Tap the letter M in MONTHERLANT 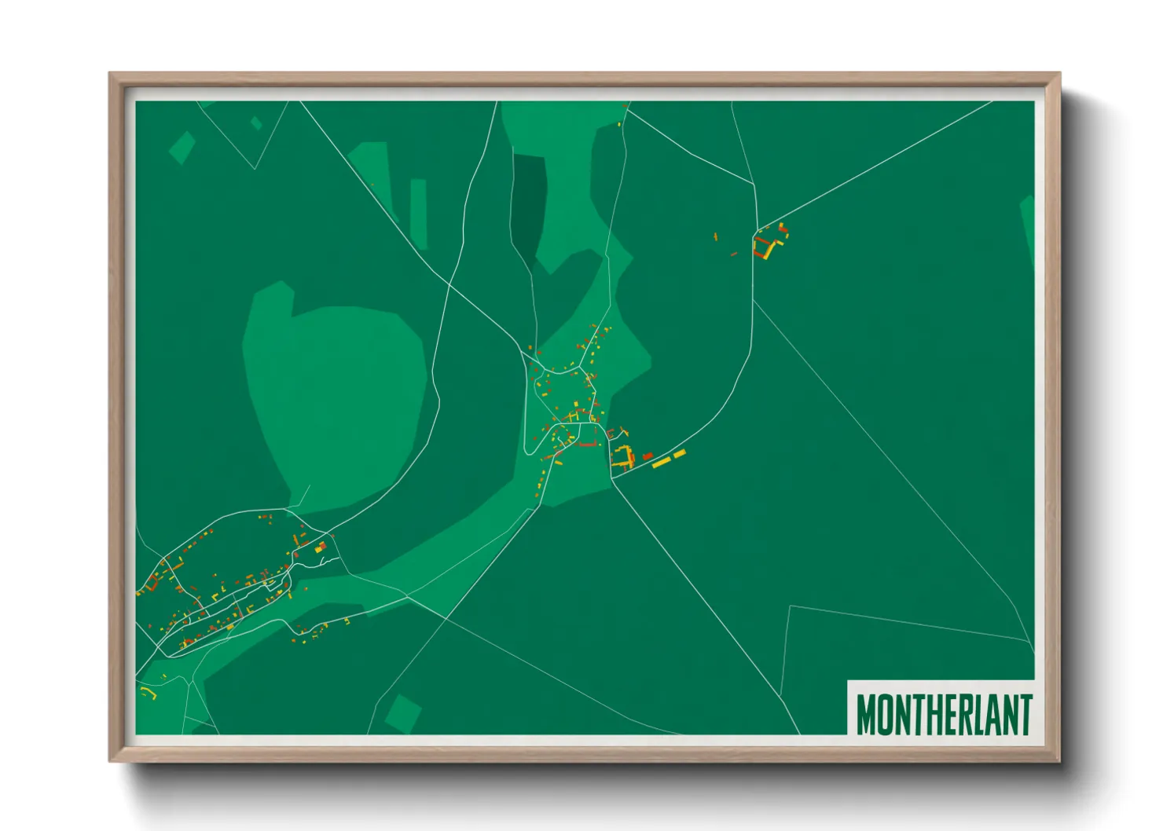tap(867, 713)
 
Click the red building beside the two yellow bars tap(648, 456)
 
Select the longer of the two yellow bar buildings tap(661, 463)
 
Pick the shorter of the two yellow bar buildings tap(680, 453)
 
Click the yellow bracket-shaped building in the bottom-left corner tap(149, 692)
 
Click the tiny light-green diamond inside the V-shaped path tap(256, 123)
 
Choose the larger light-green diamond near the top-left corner tap(182, 147)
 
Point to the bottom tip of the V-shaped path tap(255, 168)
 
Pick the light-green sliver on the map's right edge tap(1028, 228)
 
